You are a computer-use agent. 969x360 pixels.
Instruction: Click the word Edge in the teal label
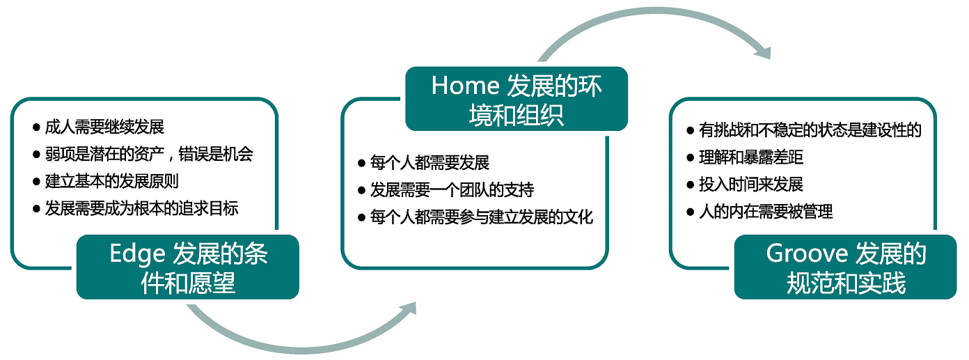tap(137, 254)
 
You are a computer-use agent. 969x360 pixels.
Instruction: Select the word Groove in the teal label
tap(807, 253)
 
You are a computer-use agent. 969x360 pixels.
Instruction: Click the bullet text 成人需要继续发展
tap(104, 127)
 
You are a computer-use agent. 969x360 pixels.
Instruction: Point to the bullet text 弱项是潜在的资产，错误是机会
tap(149, 154)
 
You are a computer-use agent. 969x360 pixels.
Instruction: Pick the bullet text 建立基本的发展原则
tap(111, 181)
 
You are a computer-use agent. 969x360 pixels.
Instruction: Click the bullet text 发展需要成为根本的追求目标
tap(141, 209)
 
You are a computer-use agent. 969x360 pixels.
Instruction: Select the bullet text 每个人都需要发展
tap(430, 163)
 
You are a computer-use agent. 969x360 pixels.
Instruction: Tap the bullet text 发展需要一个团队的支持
tap(452, 190)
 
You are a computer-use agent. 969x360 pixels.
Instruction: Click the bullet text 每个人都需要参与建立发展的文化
tap(482, 217)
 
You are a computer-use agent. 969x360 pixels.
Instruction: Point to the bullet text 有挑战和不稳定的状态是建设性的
tap(810, 130)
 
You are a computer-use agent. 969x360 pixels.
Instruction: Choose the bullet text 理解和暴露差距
tap(751, 157)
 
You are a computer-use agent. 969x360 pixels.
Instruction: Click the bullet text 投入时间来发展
tap(751, 185)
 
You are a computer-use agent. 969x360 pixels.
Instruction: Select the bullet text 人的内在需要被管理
tap(766, 212)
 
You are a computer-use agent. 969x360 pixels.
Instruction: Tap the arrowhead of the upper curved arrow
tap(763, 52)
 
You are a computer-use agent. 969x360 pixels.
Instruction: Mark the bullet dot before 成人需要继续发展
tap(36, 127)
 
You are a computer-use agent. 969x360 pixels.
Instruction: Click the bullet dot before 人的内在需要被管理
tap(690, 212)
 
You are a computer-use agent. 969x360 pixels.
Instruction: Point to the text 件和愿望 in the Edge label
tap(188, 283)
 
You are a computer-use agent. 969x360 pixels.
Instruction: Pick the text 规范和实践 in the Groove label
tap(846, 283)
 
